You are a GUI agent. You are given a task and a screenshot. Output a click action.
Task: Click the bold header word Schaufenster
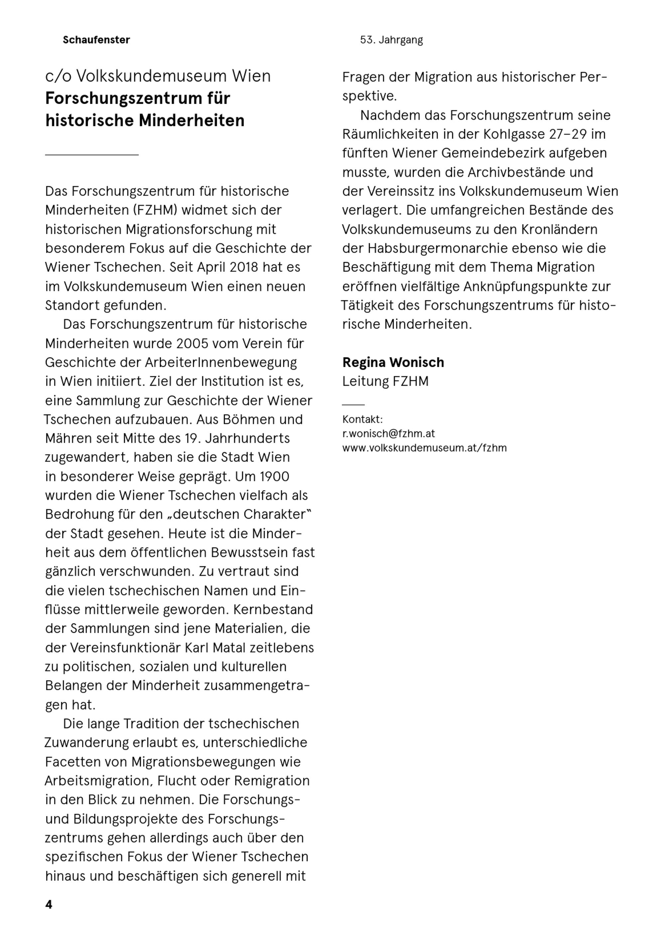point(96,40)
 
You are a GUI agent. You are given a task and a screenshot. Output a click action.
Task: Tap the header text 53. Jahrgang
point(391,40)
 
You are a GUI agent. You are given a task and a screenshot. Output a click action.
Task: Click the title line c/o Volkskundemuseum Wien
point(158,76)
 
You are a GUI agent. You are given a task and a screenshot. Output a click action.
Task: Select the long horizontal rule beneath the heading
point(92,155)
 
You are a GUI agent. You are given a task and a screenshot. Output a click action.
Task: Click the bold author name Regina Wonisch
point(393,362)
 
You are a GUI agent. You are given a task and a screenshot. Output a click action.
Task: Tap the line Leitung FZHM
point(385,381)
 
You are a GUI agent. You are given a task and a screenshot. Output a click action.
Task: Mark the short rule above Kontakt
point(353,405)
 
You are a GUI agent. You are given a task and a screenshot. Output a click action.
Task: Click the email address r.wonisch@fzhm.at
point(388,433)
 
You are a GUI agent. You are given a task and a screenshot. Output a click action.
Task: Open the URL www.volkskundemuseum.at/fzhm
point(424,448)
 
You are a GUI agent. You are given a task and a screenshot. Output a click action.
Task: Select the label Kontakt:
point(362,419)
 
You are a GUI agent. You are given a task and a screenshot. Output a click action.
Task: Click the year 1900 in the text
point(274,476)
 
